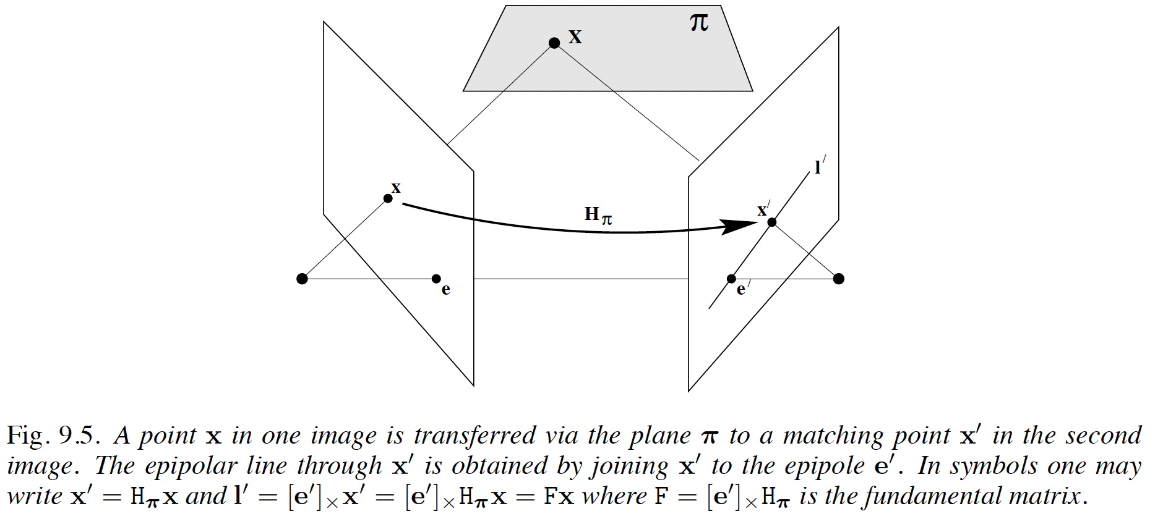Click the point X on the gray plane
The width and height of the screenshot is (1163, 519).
(554, 43)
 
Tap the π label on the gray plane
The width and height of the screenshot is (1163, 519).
(698, 23)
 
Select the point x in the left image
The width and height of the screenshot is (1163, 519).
(388, 198)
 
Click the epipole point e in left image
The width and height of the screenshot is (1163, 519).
(436, 279)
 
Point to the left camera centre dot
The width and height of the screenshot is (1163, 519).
(302, 279)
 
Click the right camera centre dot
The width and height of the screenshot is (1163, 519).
(838, 279)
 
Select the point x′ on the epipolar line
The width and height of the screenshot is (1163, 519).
(771, 222)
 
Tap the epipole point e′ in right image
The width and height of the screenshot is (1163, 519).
(731, 279)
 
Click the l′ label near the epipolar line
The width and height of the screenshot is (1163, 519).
(820, 166)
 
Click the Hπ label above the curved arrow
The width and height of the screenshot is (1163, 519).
(598, 215)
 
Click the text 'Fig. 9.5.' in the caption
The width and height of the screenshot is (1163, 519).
(53, 436)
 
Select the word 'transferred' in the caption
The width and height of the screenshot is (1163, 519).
(475, 436)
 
